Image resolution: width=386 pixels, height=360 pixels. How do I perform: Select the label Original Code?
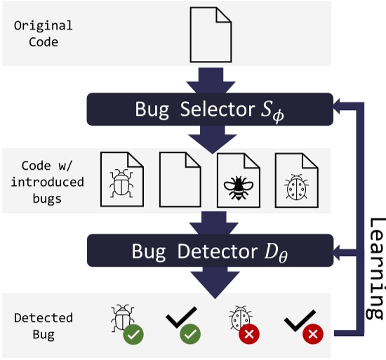pyautogui.click(x=43, y=34)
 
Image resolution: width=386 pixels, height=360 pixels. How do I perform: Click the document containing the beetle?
pyautogui.click(x=123, y=180)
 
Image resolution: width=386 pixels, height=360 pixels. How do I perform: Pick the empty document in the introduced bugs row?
pyautogui.click(x=180, y=180)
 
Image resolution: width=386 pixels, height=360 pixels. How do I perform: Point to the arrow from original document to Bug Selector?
pyautogui.click(x=211, y=79)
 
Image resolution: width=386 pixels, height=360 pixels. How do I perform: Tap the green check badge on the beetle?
pyautogui.click(x=134, y=335)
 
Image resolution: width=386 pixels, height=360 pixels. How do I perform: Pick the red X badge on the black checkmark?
pyautogui.click(x=312, y=335)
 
